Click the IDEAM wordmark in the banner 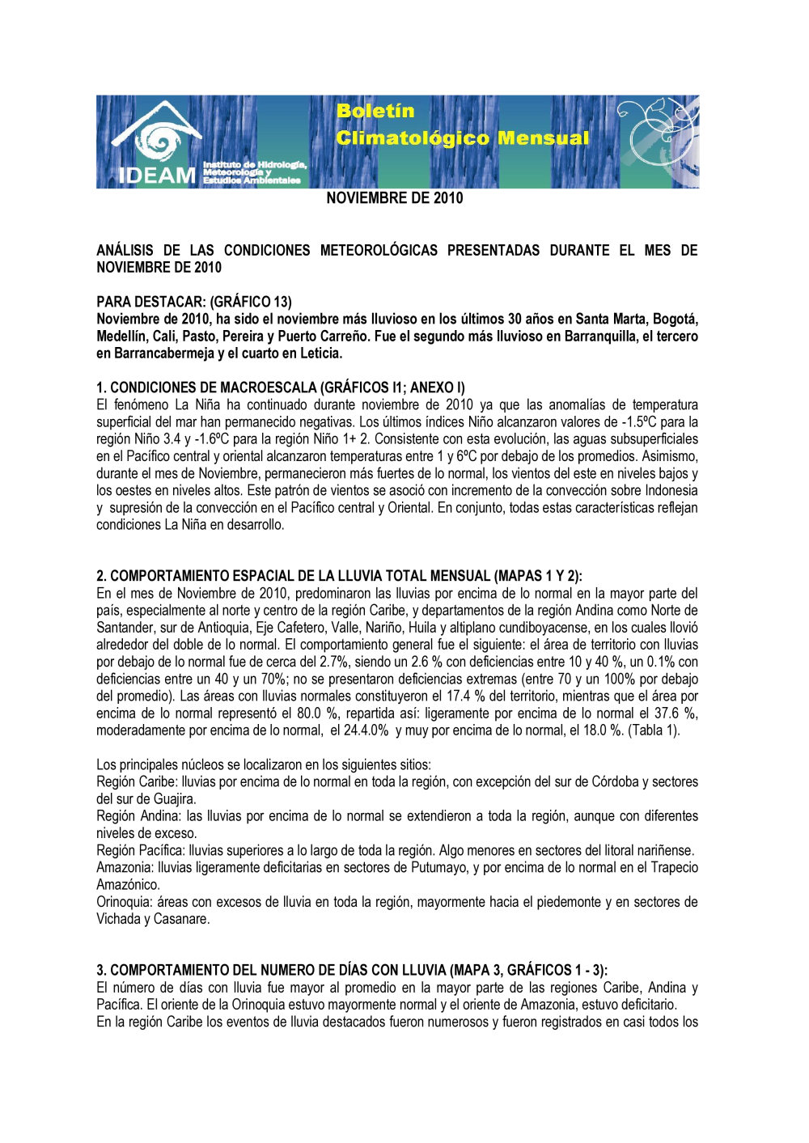pos(157,175)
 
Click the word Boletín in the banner pos(375,111)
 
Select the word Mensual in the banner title pos(544,138)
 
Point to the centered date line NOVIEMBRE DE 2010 pos(395,198)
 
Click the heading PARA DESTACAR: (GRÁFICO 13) pos(194,302)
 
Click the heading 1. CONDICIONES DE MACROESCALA pos(281,387)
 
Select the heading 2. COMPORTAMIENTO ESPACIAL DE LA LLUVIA pos(339,576)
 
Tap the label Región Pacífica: pos(141,850)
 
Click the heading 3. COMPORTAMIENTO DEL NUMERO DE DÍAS pos(352,970)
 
